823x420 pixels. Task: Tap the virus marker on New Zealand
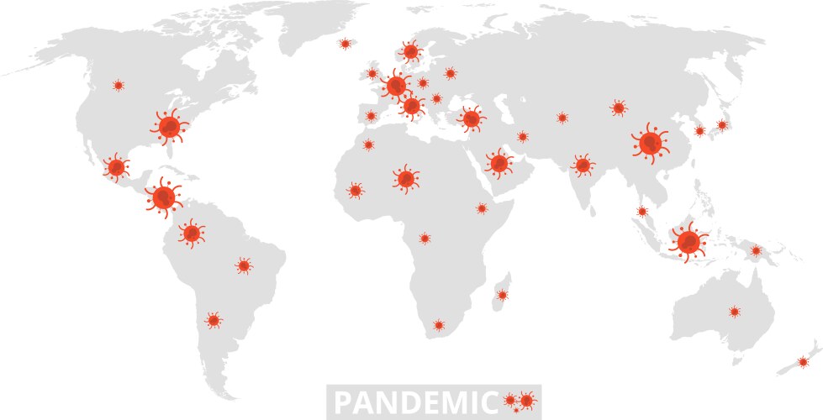tap(803, 362)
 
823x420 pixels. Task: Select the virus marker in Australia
tap(735, 312)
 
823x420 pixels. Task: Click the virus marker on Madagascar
tap(502, 295)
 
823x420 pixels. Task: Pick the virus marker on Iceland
tap(345, 44)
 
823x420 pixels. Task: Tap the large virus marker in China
tap(651, 143)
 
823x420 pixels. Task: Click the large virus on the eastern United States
tap(171, 127)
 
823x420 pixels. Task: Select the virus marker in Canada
tap(119, 86)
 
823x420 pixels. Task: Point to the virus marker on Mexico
tap(116, 168)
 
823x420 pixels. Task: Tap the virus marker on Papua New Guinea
tap(756, 250)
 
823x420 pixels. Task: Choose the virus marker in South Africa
tap(438, 325)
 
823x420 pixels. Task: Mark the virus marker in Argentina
tap(214, 320)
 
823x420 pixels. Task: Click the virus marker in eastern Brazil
tap(244, 265)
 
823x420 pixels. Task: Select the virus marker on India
tap(582, 165)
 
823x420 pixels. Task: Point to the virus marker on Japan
tap(721, 125)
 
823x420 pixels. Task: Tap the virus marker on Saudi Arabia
tap(499, 162)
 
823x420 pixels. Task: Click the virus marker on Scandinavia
tap(411, 52)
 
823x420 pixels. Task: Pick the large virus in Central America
tap(163, 197)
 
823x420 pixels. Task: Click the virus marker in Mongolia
tap(619, 108)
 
